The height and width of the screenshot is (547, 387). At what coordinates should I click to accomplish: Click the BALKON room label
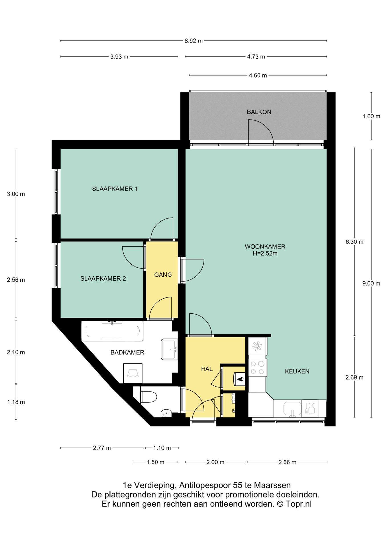tap(259, 112)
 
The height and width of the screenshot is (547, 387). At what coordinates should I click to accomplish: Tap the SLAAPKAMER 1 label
tap(115, 189)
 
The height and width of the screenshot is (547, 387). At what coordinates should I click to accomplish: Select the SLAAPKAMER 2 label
tap(103, 278)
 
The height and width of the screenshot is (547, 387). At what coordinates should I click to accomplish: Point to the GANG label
tap(163, 275)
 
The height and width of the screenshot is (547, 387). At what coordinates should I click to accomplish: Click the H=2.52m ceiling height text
tap(265, 253)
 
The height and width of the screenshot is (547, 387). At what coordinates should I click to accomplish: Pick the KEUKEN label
tap(297, 371)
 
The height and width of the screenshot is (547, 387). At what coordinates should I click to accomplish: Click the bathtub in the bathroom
tap(112, 331)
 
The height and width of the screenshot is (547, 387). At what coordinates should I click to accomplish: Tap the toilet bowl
tap(149, 397)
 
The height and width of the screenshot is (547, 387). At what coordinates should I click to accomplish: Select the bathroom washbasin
tap(169, 349)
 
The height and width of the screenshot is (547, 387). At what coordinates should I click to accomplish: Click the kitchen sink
tap(292, 409)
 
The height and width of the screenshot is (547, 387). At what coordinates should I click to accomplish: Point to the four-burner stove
tap(257, 368)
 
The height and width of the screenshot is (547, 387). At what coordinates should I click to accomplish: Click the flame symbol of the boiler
tap(240, 379)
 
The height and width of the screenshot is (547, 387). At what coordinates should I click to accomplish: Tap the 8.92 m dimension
tap(193, 41)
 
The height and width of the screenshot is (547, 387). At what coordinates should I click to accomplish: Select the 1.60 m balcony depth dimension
tap(371, 116)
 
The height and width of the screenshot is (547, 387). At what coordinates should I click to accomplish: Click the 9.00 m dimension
tap(371, 283)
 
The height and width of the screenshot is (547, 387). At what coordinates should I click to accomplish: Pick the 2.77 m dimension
tap(102, 448)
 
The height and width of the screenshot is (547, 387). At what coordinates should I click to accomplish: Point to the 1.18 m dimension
tap(16, 402)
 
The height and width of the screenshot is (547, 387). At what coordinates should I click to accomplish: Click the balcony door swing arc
tap(265, 127)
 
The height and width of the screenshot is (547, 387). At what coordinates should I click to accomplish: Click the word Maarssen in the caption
tap(272, 485)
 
